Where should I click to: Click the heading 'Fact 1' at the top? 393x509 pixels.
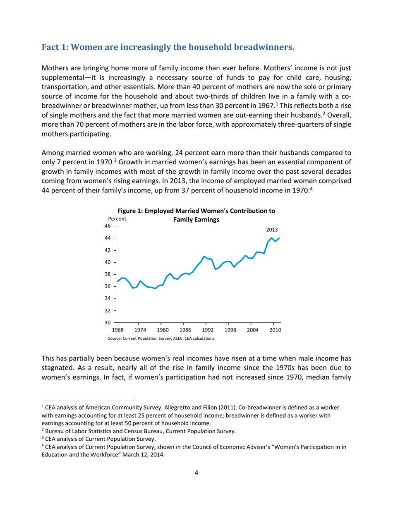[168, 47]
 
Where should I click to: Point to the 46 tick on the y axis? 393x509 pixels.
[108, 226]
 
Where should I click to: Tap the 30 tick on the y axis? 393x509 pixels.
[108, 322]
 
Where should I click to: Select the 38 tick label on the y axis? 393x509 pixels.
[108, 274]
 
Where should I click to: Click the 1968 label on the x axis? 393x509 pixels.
[118, 330]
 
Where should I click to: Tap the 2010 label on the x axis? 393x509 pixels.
[275, 330]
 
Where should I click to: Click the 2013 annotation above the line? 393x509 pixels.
[272, 229]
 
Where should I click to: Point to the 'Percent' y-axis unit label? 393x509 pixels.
[116, 218]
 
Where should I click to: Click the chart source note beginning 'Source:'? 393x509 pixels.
[161, 338]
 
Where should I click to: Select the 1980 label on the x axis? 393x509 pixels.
[163, 330]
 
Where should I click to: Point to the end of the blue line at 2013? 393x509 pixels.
[280, 238]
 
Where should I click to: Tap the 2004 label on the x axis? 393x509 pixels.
[253, 330]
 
